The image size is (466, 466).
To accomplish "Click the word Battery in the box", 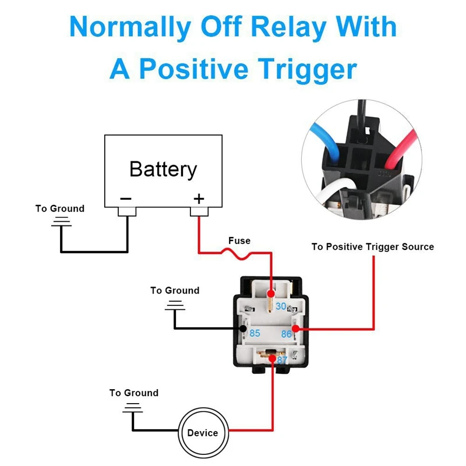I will (163, 169).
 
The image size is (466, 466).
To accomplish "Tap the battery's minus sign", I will (126, 199).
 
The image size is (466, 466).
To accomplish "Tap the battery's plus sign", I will (199, 199).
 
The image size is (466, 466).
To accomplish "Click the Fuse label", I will (239, 241).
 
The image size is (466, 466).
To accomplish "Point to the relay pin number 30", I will (281, 306).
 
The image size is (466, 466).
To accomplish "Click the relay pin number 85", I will (255, 334).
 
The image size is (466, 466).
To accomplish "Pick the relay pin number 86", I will (286, 334).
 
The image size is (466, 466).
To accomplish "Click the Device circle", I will (203, 432).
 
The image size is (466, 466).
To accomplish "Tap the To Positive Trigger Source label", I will (372, 247).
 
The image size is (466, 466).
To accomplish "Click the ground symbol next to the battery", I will (60, 222).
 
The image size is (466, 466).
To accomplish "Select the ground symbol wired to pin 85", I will (174, 305).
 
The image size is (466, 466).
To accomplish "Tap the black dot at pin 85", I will (243, 329).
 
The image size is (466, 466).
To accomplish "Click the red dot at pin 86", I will (296, 329).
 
